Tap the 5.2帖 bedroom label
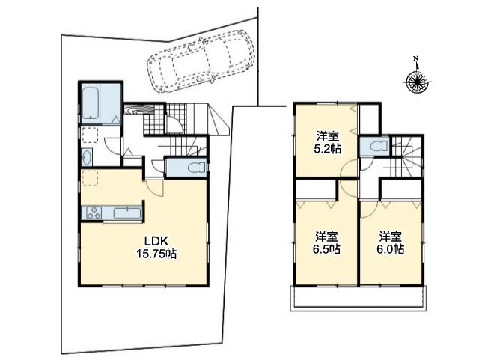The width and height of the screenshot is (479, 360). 328,142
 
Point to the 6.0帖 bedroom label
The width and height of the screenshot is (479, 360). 390,242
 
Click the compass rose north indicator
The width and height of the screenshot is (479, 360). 415,82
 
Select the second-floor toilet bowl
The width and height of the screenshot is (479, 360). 373,147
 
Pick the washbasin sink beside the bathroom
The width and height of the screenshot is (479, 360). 87,157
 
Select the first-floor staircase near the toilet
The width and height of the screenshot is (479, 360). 184,145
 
